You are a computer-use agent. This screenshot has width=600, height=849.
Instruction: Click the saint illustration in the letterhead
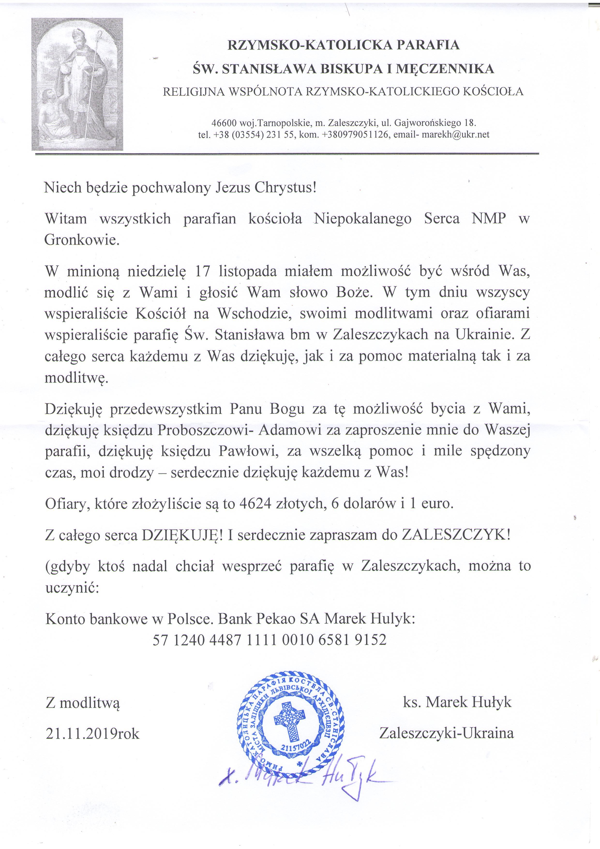(x=77, y=84)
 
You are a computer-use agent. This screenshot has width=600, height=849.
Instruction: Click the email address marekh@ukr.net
(x=456, y=135)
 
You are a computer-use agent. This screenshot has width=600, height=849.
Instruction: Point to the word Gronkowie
(x=82, y=240)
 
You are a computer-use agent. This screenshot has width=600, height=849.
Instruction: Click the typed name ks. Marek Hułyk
(x=457, y=702)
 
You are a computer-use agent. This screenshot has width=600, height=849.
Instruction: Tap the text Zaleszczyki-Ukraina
(x=446, y=733)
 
